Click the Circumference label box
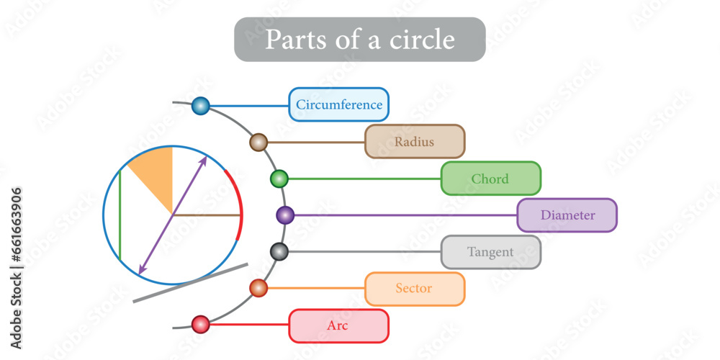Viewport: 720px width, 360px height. (338, 104)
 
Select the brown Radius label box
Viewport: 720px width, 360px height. (415, 142)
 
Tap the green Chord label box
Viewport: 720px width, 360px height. (490, 179)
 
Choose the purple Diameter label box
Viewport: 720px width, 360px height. (567, 215)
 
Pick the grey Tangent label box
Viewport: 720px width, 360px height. (490, 252)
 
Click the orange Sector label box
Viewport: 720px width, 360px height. (415, 289)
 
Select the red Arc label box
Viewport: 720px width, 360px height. (338, 325)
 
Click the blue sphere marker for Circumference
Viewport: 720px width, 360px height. (201, 107)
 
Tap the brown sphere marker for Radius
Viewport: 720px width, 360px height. (258, 142)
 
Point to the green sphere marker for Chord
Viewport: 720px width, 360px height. (279, 179)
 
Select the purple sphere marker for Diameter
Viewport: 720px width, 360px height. (285, 215)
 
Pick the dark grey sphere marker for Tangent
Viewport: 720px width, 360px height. (279, 252)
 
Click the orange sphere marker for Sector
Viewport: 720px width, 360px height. (258, 289)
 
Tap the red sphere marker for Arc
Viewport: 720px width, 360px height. (201, 325)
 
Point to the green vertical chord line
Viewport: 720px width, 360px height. (120, 216)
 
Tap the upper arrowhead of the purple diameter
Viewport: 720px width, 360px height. (204, 160)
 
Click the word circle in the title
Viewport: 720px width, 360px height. (419, 39)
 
